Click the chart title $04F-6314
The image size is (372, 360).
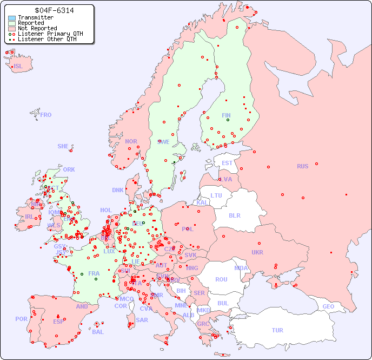(54, 10)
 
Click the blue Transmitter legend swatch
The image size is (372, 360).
(12, 18)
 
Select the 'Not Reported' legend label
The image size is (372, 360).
(37, 28)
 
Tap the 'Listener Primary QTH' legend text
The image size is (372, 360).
(50, 34)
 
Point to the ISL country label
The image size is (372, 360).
(18, 67)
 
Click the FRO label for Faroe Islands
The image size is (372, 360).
(46, 115)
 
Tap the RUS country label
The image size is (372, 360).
(302, 166)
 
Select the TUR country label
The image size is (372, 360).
(277, 330)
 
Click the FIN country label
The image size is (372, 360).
(226, 115)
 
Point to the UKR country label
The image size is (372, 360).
(257, 252)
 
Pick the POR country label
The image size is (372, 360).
(21, 319)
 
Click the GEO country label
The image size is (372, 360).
(328, 306)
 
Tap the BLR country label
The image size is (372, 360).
(235, 215)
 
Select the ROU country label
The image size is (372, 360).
(221, 279)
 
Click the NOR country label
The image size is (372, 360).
(131, 141)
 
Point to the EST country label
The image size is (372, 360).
(227, 163)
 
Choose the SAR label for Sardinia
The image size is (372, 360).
(142, 320)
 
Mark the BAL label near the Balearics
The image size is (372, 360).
(98, 332)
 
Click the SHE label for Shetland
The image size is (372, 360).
(63, 146)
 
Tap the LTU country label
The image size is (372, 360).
(216, 195)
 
